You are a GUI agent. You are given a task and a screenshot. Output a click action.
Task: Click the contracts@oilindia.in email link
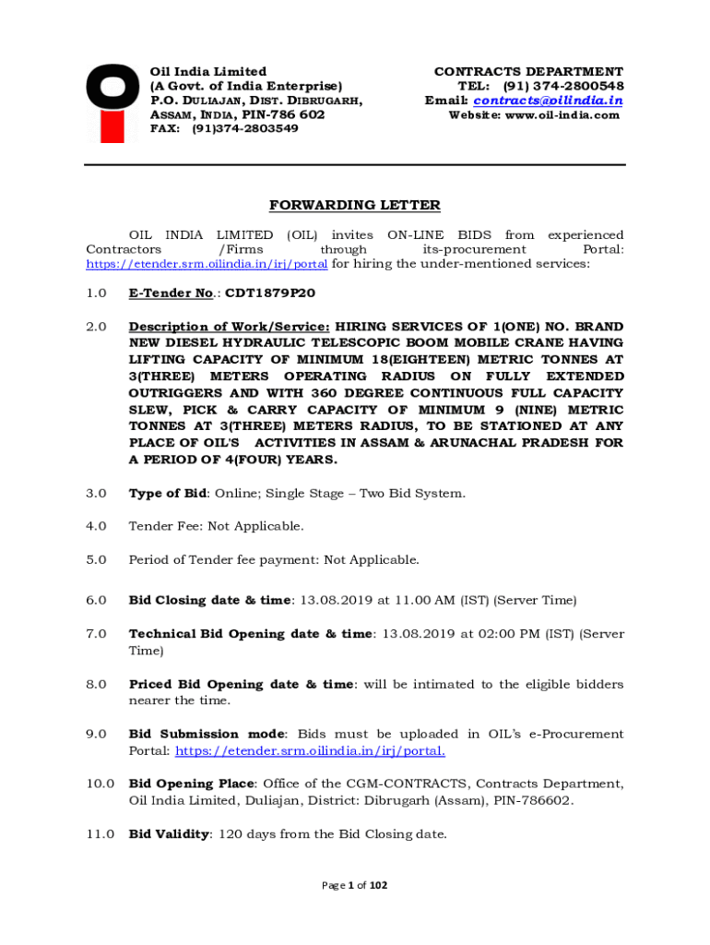point(548,101)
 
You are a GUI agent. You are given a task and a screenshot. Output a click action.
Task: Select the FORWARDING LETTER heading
point(355,205)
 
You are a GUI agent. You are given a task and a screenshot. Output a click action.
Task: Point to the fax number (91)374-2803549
point(244,129)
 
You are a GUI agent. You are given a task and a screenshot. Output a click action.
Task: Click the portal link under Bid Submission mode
point(310,751)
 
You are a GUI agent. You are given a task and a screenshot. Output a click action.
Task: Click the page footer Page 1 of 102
point(355,886)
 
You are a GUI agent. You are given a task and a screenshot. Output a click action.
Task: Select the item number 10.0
point(100,784)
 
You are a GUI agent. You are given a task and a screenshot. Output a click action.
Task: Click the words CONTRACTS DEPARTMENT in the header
point(528,71)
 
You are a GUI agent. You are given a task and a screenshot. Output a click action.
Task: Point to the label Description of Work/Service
point(229,327)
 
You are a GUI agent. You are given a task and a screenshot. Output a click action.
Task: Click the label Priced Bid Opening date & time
point(241,685)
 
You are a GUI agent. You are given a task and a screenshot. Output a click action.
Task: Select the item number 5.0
point(96,560)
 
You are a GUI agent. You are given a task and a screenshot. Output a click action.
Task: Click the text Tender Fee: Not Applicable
point(216,527)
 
